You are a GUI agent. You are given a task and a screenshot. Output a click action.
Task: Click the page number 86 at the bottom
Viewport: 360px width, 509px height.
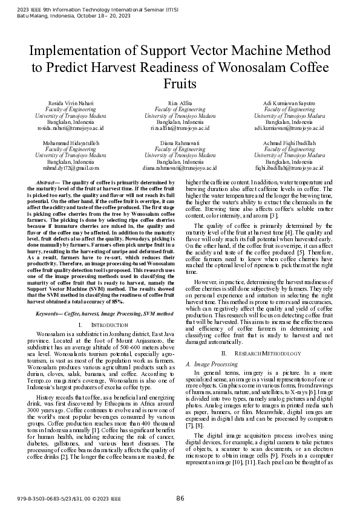pyautogui.click(x=180, y=499)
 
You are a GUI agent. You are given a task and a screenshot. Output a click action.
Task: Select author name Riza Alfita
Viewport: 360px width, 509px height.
pyautogui.click(x=180, y=103)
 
